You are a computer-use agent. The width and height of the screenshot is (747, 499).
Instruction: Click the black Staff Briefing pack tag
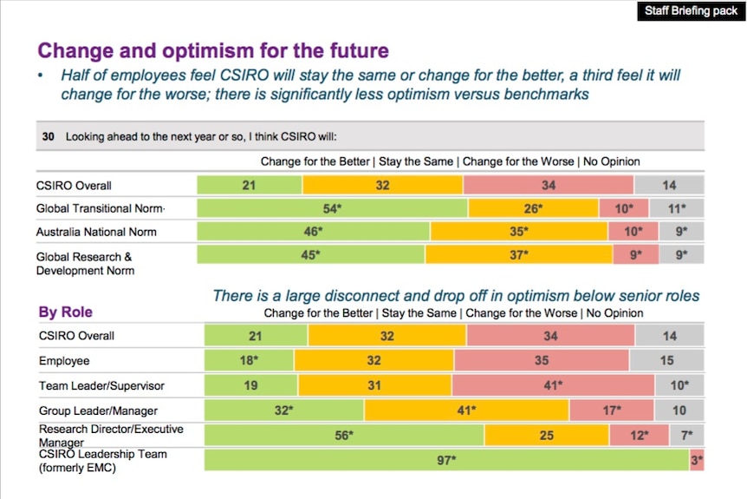[691, 11]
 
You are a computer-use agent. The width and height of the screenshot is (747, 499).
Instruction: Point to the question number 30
[49, 136]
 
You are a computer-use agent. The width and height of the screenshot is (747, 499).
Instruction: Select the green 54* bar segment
[333, 208]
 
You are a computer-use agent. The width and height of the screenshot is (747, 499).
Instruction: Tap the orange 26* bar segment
[533, 208]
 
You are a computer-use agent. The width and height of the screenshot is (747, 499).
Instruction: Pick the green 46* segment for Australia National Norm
[314, 232]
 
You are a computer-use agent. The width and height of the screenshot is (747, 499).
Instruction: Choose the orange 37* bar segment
[519, 255]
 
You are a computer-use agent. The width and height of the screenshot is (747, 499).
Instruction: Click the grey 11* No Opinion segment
[677, 208]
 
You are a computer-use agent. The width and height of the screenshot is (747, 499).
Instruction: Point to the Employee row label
[64, 360]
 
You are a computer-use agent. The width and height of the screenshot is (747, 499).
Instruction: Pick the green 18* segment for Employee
[250, 360]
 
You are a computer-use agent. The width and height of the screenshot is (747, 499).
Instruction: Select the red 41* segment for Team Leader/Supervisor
[553, 384]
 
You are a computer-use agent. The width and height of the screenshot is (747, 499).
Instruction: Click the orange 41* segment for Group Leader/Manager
[466, 410]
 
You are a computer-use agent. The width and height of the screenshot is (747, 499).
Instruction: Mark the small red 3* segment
[697, 460]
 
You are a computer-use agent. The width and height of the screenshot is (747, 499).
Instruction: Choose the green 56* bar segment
[344, 435]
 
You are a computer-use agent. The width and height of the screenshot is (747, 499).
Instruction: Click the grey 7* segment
[686, 435]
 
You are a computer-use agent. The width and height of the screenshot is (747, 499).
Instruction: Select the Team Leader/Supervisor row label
[101, 384]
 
